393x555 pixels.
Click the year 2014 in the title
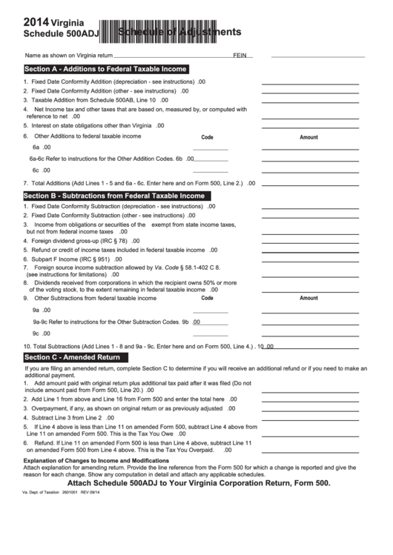click(x=36, y=21)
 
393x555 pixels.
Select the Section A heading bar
click(x=105, y=69)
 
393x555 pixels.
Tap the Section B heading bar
click(x=113, y=196)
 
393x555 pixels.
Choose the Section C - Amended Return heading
click(x=72, y=356)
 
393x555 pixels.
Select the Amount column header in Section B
click(x=308, y=298)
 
